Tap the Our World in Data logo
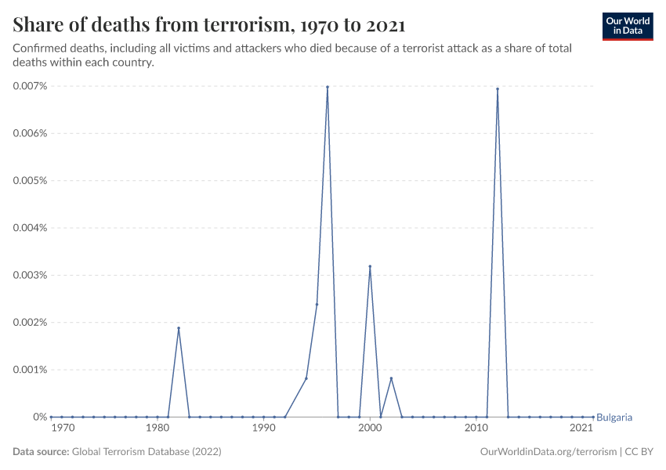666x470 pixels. tap(627, 26)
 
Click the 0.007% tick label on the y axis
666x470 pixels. tap(31, 86)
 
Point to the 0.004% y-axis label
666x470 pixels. tap(31, 228)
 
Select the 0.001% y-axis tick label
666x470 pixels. tap(31, 370)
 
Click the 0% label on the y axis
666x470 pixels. tap(40, 417)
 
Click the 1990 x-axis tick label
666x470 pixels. tap(263, 428)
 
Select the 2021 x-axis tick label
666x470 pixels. tap(581, 428)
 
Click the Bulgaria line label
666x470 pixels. tap(614, 418)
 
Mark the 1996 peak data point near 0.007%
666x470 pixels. tap(328, 87)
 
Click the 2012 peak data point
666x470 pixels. tap(498, 89)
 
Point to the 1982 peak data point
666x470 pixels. tap(179, 328)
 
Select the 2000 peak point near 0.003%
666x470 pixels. tap(370, 266)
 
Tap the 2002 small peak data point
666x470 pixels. tap(391, 378)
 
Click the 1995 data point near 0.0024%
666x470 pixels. tap(317, 304)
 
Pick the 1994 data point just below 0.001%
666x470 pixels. tap(306, 378)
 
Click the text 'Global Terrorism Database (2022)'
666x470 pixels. tap(147, 452)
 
